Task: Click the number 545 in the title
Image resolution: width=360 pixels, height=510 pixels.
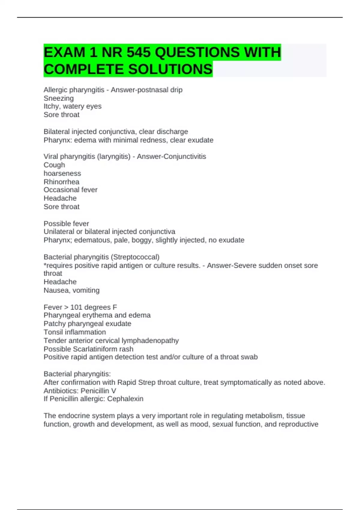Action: coord(138,52)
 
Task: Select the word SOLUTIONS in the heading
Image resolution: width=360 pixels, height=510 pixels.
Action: coord(170,69)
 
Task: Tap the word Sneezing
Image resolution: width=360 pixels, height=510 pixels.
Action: coord(58,98)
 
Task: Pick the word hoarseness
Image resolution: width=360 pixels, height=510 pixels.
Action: coord(62,173)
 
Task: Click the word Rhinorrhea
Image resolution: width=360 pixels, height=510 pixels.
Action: coord(61,182)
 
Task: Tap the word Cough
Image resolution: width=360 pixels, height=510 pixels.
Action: coord(54,165)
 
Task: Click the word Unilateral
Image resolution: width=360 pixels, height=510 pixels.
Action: coord(59,232)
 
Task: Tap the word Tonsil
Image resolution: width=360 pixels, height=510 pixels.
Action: coord(52,332)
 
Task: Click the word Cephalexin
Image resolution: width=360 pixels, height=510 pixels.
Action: coord(125,399)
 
